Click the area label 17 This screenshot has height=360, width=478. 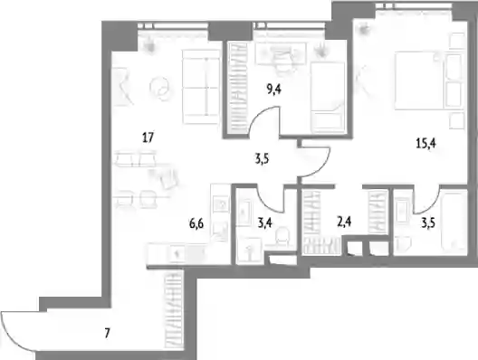point(148,137)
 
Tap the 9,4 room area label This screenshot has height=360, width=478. point(274,90)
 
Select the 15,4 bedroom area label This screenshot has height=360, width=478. point(425,143)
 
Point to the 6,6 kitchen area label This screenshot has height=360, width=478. point(196,223)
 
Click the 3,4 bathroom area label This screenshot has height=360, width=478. point(265,223)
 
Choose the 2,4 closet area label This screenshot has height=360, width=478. point(344,222)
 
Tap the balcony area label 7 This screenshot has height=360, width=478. point(107,333)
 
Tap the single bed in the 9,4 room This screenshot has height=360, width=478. point(328,98)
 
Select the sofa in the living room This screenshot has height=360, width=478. point(201,87)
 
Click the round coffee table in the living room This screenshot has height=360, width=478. point(159,88)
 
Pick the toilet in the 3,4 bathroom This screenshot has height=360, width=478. point(282,236)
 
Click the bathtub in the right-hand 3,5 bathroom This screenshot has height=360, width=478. point(454,221)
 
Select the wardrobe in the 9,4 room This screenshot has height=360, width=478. point(238,88)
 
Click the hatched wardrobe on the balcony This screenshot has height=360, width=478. point(174,309)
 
